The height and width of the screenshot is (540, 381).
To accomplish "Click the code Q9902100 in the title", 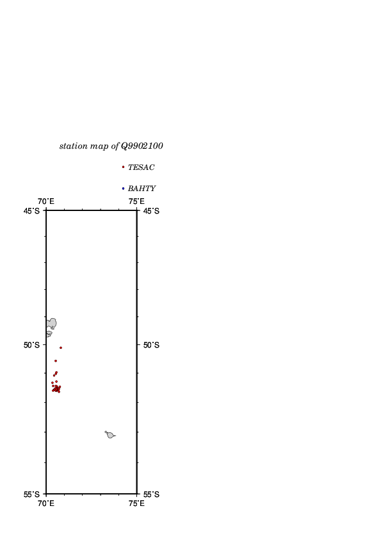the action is pos(142,146).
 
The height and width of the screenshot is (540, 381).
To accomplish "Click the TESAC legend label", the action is pos(141,167).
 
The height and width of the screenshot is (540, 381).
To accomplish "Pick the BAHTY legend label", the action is pos(142,189).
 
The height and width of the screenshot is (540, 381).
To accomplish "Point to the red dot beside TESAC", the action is pos(123,167).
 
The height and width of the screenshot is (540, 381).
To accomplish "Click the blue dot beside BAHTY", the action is pos(123,189).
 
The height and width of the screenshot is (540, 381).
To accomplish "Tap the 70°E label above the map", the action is pos(45,201).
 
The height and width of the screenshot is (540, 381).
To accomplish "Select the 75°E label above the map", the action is pos(136,201).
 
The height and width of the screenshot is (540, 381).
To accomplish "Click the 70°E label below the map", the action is pos(45,503).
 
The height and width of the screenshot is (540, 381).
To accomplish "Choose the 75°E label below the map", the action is pos(136,503).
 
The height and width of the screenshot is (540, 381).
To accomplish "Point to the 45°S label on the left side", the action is pos(31,211).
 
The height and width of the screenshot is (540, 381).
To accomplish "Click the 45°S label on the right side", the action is pos(151,211).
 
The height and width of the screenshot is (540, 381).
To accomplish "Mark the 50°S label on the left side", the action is pos(31,345).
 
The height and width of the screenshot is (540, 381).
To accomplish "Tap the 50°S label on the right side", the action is pos(151,345).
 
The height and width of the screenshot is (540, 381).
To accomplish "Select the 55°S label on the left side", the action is pos(31,494).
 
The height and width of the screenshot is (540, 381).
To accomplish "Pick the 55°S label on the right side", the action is pos(151,494).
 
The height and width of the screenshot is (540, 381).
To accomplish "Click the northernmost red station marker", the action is pos(61,348).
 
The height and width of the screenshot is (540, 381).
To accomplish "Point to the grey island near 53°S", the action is pos(110,435).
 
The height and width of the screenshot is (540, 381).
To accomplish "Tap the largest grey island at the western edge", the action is pos(52,323).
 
